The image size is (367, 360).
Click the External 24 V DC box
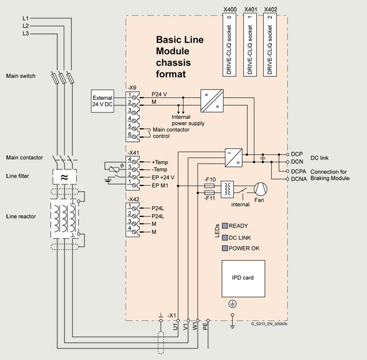tap(103, 101)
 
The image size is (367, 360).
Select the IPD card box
tap(243, 278)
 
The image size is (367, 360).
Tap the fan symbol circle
tap(260, 189)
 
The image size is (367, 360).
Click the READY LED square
tap(225, 226)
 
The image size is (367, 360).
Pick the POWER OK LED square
tap(225, 248)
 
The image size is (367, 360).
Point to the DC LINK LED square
tap(225, 238)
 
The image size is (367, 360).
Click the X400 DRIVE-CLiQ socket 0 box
tap(229, 45)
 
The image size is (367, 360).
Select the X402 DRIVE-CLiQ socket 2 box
tap(270, 45)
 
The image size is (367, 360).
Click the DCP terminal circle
tap(288, 154)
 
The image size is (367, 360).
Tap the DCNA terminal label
tap(299, 179)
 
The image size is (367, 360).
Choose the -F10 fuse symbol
tap(209, 186)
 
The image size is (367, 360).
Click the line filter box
tap(65, 177)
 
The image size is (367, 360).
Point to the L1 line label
tap(25, 18)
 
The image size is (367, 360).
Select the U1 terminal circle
tap(178, 320)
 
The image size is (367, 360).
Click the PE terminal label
tap(205, 326)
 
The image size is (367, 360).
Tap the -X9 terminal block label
tap(132, 88)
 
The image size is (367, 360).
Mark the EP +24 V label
tap(163, 177)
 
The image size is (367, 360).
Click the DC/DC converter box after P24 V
tap(212, 101)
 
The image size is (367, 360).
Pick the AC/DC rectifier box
tap(233, 158)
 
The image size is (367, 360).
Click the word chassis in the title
tap(173, 63)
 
